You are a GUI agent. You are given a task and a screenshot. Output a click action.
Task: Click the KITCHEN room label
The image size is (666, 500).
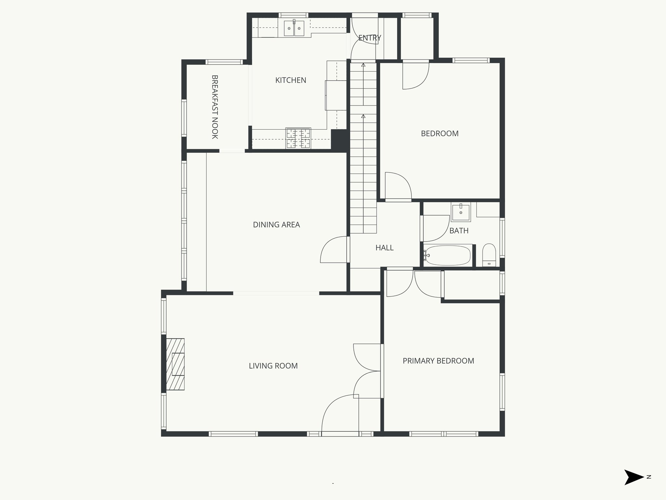click(290, 80)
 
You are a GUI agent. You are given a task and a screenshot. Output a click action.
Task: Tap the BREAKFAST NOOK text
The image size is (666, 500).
click(215, 107)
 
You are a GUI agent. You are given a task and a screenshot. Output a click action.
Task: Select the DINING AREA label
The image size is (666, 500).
click(276, 225)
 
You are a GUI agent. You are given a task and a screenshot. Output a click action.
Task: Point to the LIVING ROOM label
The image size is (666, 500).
click(273, 366)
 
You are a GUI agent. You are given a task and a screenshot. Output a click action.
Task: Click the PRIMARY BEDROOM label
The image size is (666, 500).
click(438, 361)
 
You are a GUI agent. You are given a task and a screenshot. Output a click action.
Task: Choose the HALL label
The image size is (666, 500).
click(384, 248)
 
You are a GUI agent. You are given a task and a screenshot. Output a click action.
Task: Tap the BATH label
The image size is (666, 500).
click(459, 231)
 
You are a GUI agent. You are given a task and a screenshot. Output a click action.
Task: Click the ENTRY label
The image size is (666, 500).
click(369, 38)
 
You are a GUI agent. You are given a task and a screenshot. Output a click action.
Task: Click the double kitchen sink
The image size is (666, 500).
click(294, 29)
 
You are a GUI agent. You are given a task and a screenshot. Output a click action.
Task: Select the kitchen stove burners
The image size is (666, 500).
click(298, 138)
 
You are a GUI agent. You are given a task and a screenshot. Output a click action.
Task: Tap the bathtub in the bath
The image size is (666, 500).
click(448, 256)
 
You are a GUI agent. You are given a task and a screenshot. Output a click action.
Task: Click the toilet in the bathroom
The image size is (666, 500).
click(489, 255)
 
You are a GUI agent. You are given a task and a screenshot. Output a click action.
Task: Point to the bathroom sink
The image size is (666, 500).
click(461, 212)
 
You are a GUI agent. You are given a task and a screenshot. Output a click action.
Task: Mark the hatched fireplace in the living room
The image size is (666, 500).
click(175, 364)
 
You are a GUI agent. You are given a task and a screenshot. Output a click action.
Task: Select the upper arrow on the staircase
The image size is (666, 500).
click(363, 65)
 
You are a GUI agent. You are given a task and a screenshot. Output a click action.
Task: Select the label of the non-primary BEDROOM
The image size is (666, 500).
click(439, 133)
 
